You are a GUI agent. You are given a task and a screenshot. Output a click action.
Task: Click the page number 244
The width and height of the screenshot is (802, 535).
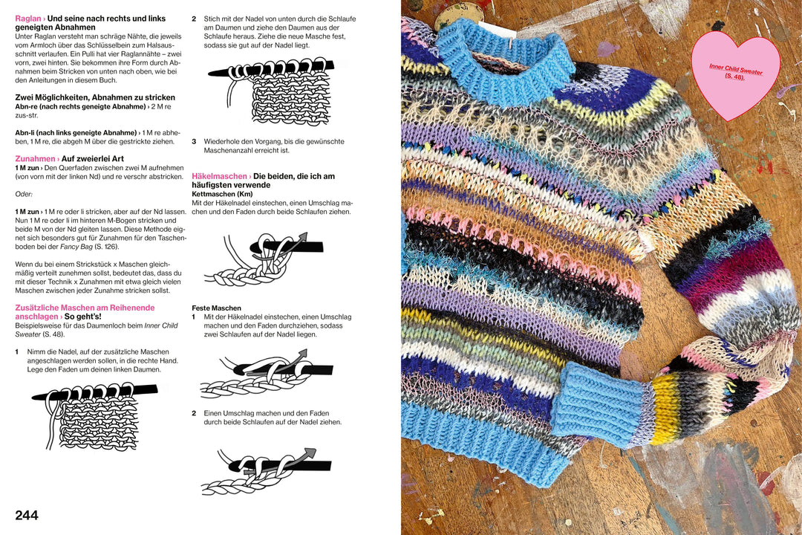point(27,515)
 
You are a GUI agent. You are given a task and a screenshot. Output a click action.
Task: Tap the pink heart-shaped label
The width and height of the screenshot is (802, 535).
point(734,82)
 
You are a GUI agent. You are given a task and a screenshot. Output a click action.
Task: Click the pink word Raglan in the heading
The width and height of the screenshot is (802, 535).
point(27,18)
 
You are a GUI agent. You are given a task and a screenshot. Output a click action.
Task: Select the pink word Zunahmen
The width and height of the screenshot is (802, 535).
point(35,159)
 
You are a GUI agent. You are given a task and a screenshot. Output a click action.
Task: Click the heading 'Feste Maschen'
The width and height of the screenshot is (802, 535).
point(216,308)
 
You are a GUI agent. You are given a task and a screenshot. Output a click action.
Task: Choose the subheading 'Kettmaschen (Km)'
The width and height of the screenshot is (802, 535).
point(222,194)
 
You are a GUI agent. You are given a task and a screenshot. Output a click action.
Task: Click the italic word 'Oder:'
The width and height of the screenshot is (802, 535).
point(25,194)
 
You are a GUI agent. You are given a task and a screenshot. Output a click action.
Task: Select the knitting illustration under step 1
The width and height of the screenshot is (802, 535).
point(93,415)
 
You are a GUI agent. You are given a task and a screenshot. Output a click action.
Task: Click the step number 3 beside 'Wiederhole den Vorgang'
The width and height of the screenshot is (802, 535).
point(194,141)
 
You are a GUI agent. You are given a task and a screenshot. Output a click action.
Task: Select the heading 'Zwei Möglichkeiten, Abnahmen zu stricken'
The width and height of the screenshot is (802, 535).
point(95,97)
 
